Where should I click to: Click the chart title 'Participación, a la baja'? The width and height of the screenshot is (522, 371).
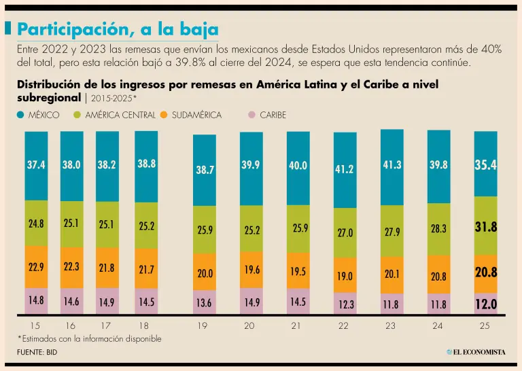118,29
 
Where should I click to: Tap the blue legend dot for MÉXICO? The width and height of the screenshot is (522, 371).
20,116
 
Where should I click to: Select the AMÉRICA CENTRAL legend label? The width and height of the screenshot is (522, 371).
120,116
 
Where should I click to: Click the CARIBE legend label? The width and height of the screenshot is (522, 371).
273,116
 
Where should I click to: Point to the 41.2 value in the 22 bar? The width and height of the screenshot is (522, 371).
344,169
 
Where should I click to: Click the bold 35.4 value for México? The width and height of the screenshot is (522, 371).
485,165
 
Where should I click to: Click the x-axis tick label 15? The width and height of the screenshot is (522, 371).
36,326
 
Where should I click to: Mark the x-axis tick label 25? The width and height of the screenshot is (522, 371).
485,326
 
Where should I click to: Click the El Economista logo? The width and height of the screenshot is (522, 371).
476,351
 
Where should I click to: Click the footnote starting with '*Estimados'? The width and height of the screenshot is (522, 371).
89,338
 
